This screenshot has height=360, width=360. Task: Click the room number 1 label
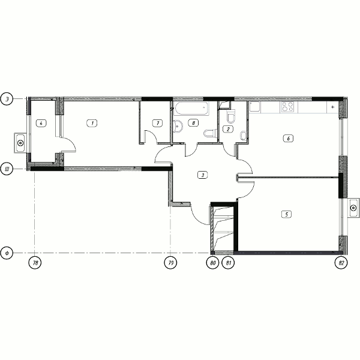coord(92,123)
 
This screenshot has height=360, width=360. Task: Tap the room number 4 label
coord(41,123)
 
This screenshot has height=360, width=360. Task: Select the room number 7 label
coord(157,123)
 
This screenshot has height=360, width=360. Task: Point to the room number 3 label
coord(203,175)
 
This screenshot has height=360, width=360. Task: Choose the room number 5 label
coord(286,214)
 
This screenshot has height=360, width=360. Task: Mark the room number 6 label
coord(289,139)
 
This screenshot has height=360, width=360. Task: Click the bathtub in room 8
coord(191,109)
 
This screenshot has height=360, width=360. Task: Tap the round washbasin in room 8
coord(178,127)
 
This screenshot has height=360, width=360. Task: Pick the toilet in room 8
coord(211,133)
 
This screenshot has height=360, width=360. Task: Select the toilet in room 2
coord(231,116)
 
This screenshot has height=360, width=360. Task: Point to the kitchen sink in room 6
coord(255,107)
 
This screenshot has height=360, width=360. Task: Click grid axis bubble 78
coord(35,263)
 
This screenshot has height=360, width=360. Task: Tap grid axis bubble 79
coord(170,263)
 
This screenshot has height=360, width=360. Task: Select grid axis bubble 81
coord(228,263)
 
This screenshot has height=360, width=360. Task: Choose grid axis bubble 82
coord(341,263)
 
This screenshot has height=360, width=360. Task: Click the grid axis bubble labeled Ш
coord(7,169)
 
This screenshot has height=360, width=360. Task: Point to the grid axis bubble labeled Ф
coord(7,253)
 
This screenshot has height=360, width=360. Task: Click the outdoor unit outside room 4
coord(20,143)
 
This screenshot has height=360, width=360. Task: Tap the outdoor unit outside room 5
coord(353,208)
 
